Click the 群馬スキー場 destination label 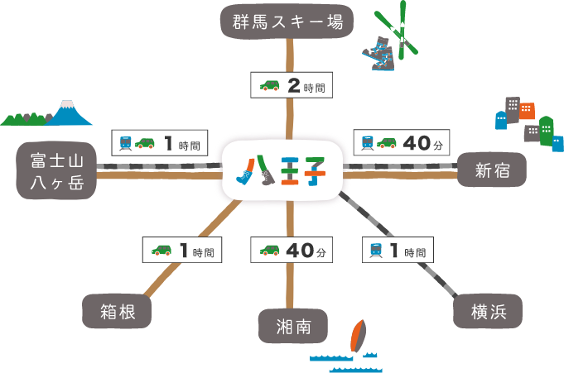(287, 20)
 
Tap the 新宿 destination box (491, 170)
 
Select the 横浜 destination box (488, 311)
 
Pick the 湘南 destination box (292, 327)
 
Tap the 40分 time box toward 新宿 (401, 143)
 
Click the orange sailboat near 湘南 (358, 337)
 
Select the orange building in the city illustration (527, 110)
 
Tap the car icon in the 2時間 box (270, 85)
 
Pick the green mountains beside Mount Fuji (23, 117)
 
